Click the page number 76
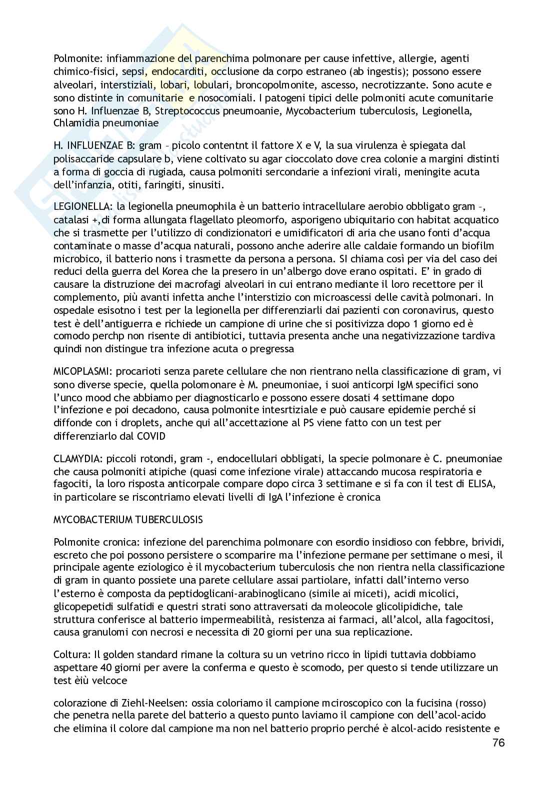point(498,757)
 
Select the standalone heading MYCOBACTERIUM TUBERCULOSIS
point(128,520)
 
